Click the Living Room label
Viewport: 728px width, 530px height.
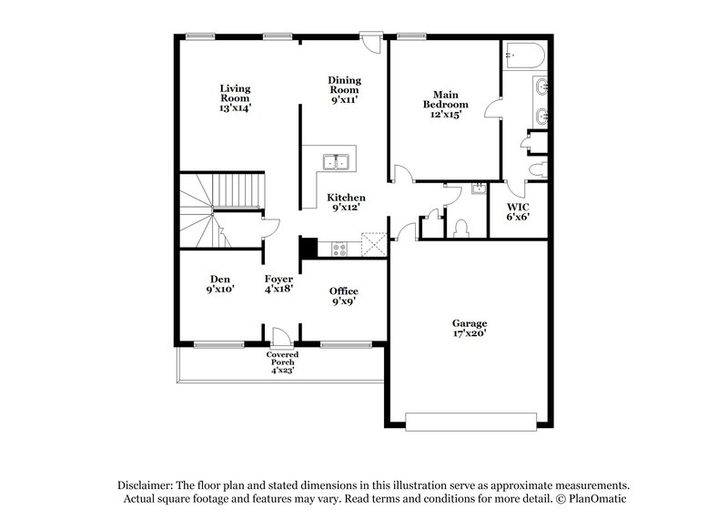tap(235, 97)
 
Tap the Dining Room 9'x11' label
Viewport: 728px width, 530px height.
tap(344, 89)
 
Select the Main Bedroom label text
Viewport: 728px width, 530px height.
tap(445, 104)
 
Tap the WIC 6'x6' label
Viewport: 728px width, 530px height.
tap(519, 212)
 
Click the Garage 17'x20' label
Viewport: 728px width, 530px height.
tap(470, 329)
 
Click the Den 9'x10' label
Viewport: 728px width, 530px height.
tap(219, 284)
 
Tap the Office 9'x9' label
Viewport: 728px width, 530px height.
tap(343, 295)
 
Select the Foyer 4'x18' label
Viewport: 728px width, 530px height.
tap(278, 284)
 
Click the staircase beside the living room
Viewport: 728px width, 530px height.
tap(223, 209)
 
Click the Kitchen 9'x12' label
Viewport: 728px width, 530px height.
tap(346, 203)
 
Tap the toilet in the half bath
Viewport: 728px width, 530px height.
tap(461, 226)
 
